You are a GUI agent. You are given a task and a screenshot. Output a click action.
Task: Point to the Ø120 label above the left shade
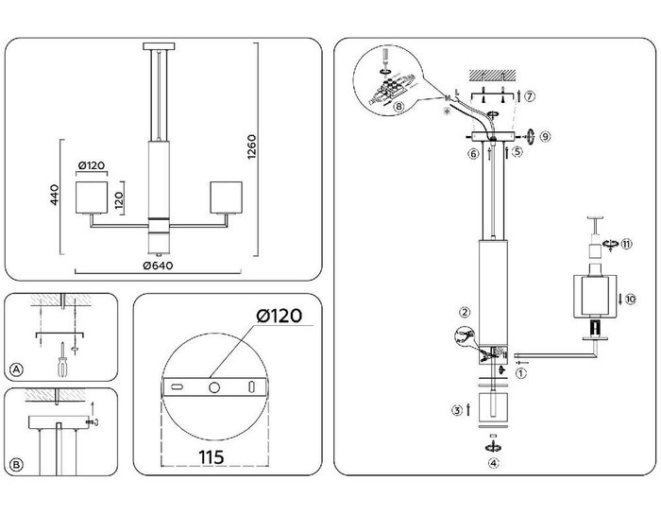(x=91, y=166)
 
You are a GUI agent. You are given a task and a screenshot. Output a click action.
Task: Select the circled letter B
(x=16, y=466)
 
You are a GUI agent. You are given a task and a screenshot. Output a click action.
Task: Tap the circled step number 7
(x=531, y=96)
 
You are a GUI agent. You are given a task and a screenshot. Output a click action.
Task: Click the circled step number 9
(x=546, y=137)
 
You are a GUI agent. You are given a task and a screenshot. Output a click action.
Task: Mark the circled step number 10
(x=630, y=299)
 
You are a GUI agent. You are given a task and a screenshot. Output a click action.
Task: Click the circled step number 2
(x=465, y=312)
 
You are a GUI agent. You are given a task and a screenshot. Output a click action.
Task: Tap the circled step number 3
(x=457, y=411)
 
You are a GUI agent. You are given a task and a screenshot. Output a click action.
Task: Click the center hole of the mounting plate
(x=213, y=387)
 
